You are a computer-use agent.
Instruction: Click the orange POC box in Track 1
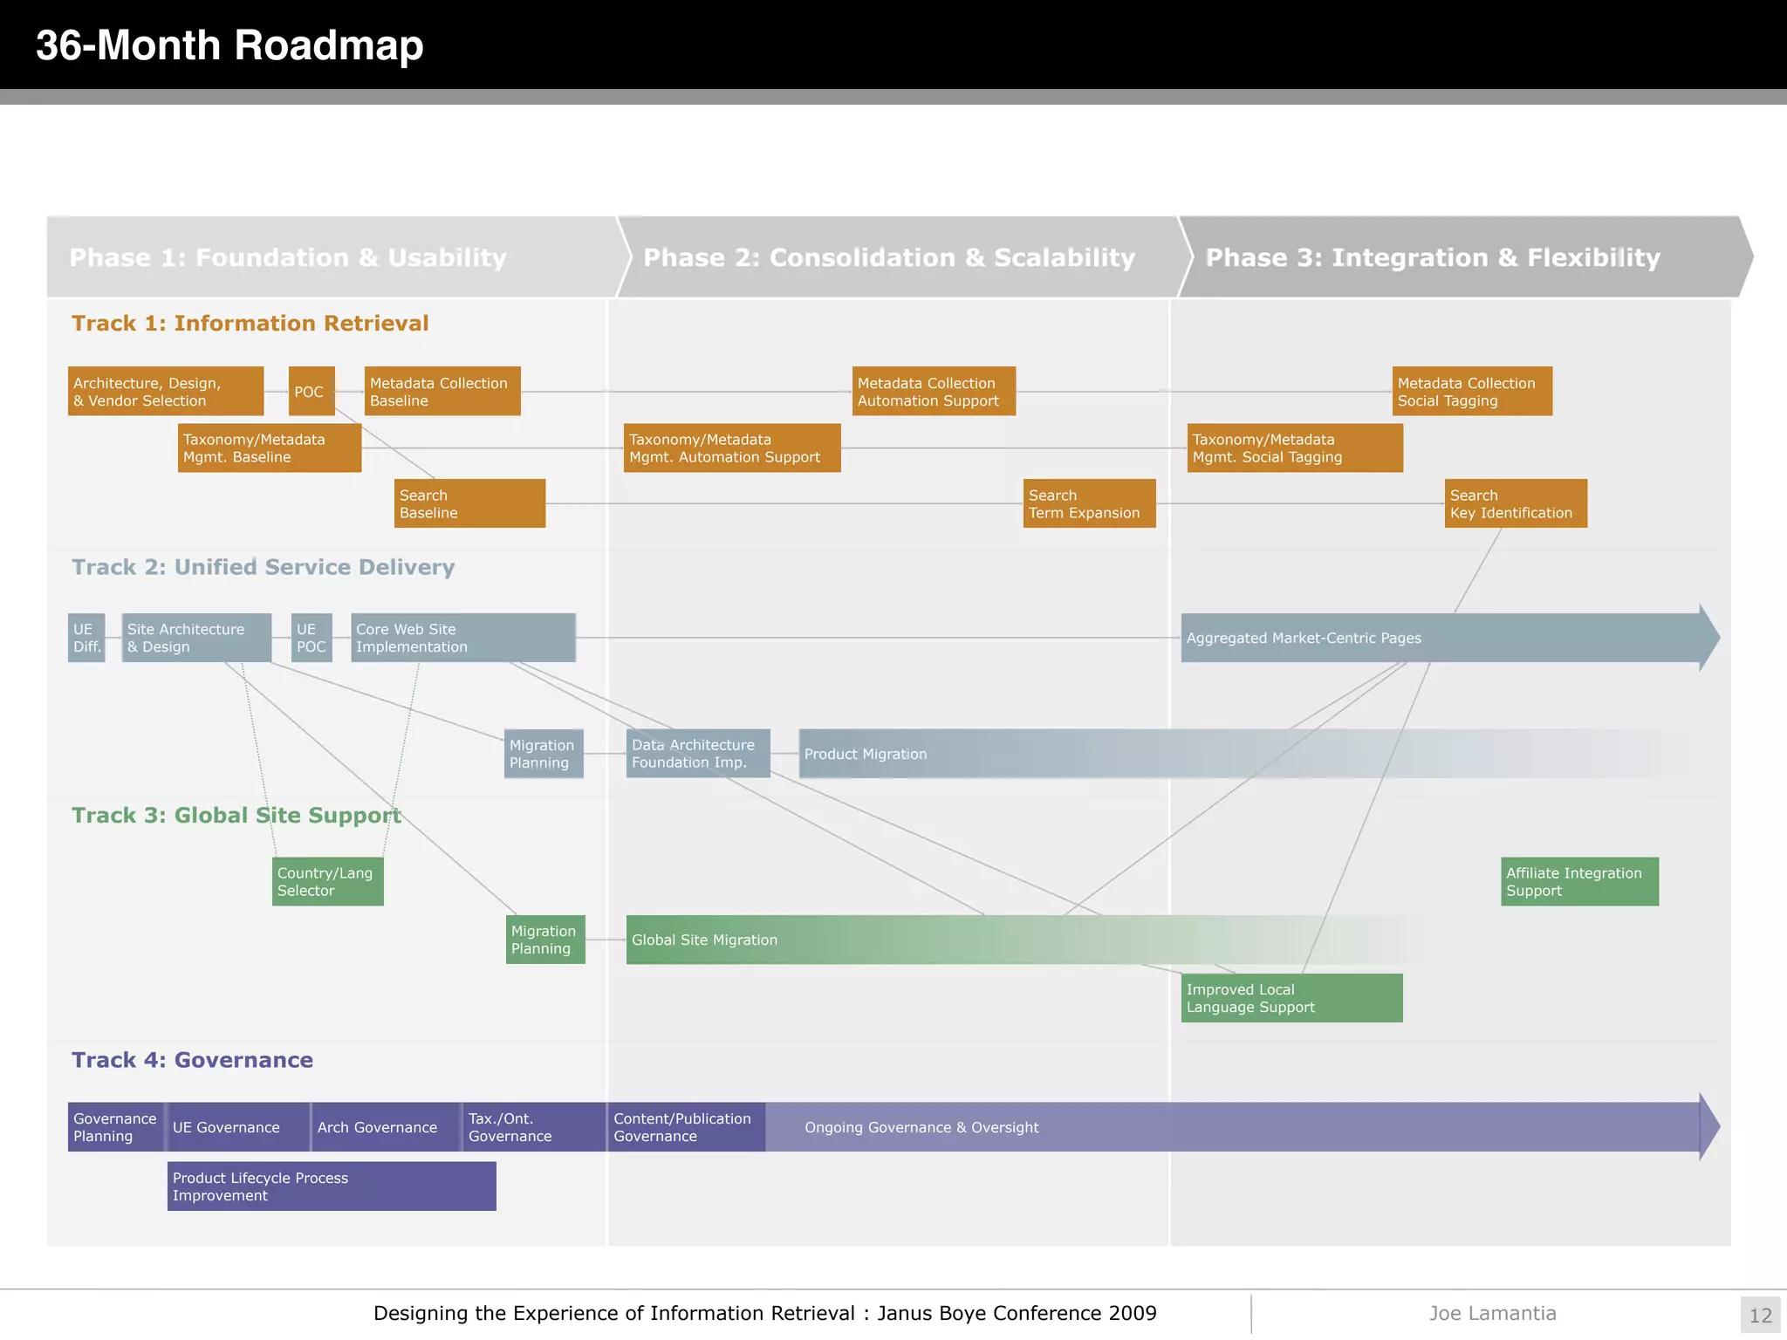312,392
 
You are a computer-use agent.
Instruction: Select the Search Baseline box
469,503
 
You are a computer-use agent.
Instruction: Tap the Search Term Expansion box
1089,503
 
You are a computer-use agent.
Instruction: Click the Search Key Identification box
1515,503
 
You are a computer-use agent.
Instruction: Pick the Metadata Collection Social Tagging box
1471,392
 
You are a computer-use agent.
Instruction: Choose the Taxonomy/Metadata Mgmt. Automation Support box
731,448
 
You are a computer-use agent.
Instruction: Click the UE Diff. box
86,638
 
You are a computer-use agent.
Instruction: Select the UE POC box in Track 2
312,638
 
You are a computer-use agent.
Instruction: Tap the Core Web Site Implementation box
462,638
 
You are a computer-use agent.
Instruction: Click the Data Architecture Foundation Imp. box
697,754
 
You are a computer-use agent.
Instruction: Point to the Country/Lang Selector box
327,881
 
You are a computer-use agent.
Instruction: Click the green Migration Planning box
544,940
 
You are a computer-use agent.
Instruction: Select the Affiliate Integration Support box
1579,881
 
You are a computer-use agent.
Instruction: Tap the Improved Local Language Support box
1291,998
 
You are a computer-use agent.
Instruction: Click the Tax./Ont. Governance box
533,1127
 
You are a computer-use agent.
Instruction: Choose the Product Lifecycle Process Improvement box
332,1186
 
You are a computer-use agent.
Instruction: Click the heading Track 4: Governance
192,1060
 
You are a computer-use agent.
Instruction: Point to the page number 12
1760,1316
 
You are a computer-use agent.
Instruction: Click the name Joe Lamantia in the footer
1492,1313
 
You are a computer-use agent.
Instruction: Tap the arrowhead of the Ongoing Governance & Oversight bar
1708,1126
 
